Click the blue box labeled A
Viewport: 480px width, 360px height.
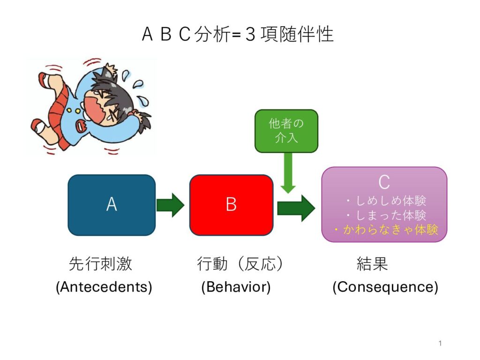tap(112, 205)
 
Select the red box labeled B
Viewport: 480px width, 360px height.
tap(232, 205)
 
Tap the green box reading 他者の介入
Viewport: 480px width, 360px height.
tap(286, 131)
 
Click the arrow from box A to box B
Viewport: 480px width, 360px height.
tap(171, 205)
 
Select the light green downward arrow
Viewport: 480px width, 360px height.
tap(288, 173)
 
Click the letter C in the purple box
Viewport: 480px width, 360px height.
tap(384, 182)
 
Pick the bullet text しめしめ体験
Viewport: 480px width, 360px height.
tap(391, 201)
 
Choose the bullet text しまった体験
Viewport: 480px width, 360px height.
tap(391, 215)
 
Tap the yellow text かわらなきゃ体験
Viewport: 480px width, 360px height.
tap(390, 230)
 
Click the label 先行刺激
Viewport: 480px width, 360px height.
tap(100, 263)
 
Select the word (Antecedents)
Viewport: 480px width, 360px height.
tap(104, 287)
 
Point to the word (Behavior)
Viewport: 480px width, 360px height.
tap(236, 287)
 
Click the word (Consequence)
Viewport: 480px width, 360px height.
tap(385, 287)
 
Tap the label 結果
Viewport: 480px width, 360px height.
tap(372, 263)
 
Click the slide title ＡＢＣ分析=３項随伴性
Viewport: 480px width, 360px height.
tap(238, 34)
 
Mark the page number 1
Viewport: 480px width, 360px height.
tap(440, 343)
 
